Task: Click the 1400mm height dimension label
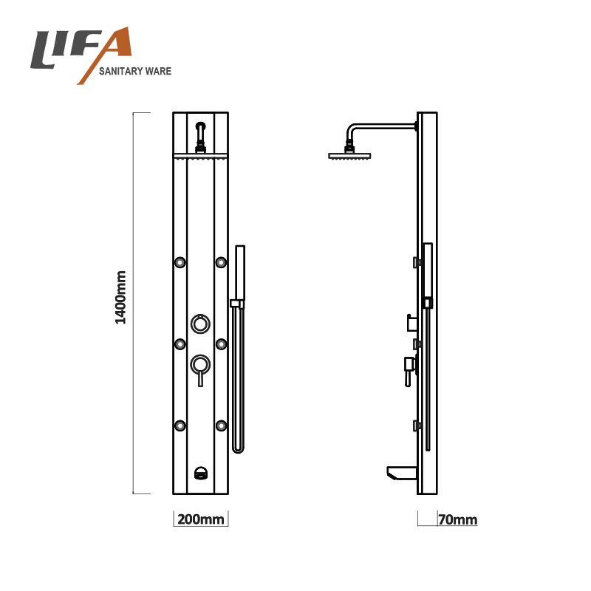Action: [x=120, y=298]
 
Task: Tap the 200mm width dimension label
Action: [x=200, y=519]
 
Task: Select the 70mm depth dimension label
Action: [x=458, y=520]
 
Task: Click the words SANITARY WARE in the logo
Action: [x=135, y=71]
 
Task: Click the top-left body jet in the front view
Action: [x=180, y=262]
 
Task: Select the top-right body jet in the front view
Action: [x=221, y=262]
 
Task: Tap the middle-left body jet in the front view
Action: [x=180, y=344]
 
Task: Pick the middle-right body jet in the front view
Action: [x=221, y=344]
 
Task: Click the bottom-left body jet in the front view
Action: [x=180, y=426]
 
